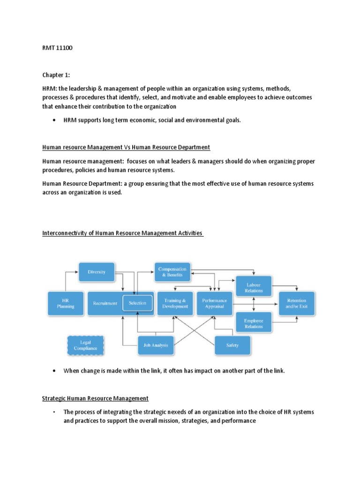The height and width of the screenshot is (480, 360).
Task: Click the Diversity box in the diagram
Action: (x=96, y=271)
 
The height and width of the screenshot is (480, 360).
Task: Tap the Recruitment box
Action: (x=105, y=303)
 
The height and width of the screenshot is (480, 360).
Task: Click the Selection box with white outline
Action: (x=137, y=303)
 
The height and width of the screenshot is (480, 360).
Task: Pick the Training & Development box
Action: (x=174, y=303)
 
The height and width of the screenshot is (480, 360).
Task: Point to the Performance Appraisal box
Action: (x=214, y=303)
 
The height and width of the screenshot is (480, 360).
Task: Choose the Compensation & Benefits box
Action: (x=172, y=272)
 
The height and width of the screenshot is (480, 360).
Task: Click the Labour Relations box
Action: (x=254, y=287)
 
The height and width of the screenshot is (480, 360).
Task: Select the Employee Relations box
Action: (x=254, y=323)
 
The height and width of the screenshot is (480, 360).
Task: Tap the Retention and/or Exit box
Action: (x=297, y=303)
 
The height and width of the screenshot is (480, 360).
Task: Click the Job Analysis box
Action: (x=156, y=345)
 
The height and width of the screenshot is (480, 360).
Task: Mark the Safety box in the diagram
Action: (x=232, y=345)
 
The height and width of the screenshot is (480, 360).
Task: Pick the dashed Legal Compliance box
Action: (x=85, y=345)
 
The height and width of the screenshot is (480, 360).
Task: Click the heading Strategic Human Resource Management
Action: (x=95, y=398)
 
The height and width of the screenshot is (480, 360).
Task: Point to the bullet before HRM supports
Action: (x=57, y=120)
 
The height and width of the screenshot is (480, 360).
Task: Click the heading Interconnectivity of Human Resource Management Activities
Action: (x=122, y=233)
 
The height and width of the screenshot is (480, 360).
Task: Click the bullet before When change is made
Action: (x=57, y=371)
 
